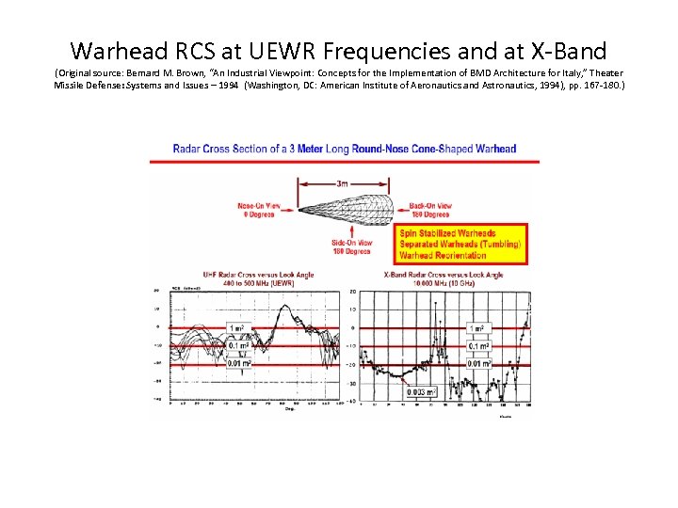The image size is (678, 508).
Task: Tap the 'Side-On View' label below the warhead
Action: click(350, 247)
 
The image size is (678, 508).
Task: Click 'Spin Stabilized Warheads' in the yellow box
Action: click(448, 233)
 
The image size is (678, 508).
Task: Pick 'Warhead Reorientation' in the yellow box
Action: click(444, 255)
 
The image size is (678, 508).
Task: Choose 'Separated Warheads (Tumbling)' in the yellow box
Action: click(460, 245)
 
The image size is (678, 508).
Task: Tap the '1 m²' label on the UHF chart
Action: click(239, 328)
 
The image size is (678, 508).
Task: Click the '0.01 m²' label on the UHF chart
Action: click(239, 362)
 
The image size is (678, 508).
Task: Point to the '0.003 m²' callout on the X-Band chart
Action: click(422, 392)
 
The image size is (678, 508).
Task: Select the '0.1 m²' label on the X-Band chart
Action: click(479, 345)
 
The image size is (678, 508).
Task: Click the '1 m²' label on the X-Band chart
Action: click(479, 328)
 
